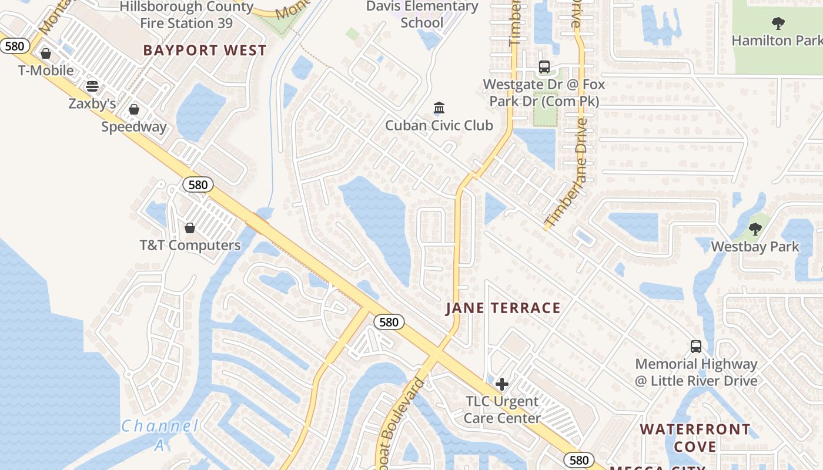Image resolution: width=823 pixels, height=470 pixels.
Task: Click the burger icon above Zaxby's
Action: (x=92, y=86)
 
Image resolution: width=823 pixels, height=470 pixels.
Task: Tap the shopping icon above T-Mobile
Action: (x=45, y=53)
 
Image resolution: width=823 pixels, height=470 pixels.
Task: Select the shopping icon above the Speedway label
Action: (x=134, y=109)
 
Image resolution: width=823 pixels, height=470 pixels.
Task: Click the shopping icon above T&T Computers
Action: (x=190, y=227)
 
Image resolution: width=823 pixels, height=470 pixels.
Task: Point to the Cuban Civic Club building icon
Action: (x=439, y=108)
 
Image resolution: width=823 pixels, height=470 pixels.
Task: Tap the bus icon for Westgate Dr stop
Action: (x=544, y=67)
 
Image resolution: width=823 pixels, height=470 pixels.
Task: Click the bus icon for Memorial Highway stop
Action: (x=696, y=346)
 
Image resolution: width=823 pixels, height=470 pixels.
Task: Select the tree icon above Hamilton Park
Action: (x=778, y=23)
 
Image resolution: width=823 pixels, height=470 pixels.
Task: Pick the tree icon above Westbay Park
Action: (x=755, y=229)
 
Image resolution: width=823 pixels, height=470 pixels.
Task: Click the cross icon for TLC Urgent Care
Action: (x=502, y=384)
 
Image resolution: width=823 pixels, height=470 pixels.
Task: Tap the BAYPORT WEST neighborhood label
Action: (x=205, y=51)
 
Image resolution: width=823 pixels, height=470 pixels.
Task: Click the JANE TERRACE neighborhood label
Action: (x=503, y=308)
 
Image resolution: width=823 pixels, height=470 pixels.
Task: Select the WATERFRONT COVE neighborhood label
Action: (x=695, y=438)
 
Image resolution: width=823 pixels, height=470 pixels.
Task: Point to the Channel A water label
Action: (x=160, y=435)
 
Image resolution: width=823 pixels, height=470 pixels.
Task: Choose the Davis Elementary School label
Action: (x=422, y=15)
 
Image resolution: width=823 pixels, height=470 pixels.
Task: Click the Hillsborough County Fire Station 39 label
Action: (x=186, y=15)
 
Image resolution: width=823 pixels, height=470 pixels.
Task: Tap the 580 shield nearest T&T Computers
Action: (x=198, y=184)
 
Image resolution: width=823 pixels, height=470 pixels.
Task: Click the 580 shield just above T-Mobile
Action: (x=14, y=45)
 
